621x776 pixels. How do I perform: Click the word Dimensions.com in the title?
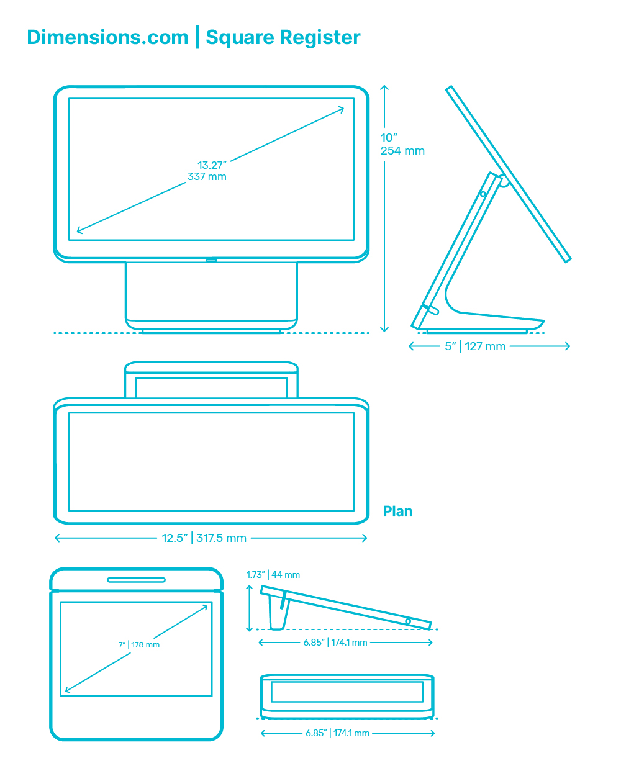click(x=107, y=37)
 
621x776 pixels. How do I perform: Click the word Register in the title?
click(x=320, y=38)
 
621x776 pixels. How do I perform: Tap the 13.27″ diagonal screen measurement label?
click(x=211, y=165)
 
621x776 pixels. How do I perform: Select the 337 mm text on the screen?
click(x=207, y=177)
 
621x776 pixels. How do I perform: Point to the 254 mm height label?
click(x=402, y=151)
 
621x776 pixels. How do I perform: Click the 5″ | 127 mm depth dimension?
click(x=475, y=346)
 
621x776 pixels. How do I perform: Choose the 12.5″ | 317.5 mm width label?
click(x=204, y=538)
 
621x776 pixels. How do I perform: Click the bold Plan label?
click(x=397, y=512)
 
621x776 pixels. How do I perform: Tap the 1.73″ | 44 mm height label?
click(x=273, y=575)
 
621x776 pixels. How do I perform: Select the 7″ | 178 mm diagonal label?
click(x=139, y=645)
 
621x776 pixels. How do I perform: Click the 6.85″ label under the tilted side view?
click(x=314, y=643)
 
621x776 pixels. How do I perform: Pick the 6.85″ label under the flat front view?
click(x=316, y=733)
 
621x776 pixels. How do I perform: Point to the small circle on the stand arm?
click(x=483, y=194)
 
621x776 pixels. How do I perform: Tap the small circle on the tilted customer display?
click(x=408, y=621)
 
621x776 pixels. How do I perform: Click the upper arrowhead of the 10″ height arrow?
click(x=384, y=86)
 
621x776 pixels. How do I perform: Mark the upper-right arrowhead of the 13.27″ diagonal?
click(x=342, y=108)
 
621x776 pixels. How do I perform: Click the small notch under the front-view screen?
click(x=211, y=260)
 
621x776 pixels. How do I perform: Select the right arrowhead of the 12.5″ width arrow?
click(x=365, y=538)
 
